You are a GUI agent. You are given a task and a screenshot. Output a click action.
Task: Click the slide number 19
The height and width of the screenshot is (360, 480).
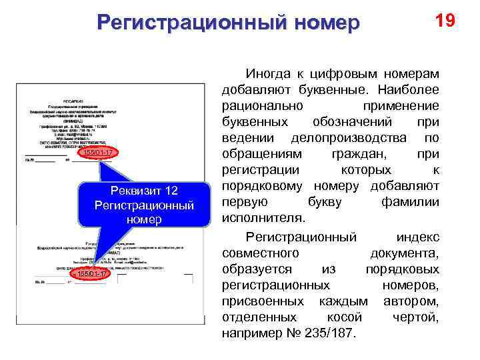point(445,21)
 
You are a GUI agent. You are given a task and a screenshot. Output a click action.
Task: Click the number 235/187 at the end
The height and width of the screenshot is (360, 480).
point(331,333)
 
